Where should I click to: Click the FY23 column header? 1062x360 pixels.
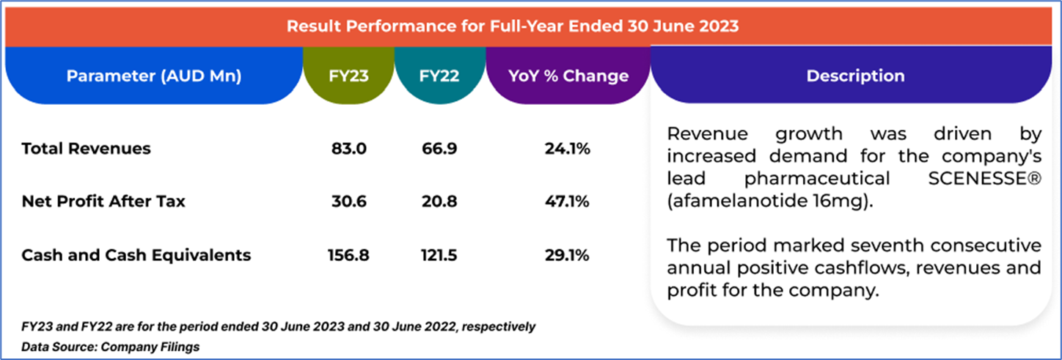coord(348,76)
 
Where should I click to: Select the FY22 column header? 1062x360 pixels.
coord(439,76)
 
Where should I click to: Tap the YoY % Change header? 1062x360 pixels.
coord(568,76)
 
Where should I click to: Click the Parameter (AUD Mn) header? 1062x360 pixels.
coord(154,76)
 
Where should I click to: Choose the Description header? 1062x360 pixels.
coord(855,76)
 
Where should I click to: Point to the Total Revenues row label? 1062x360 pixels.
coord(86,149)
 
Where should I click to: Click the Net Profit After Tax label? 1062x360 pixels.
coord(103,202)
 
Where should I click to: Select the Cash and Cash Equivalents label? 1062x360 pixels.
coord(136,255)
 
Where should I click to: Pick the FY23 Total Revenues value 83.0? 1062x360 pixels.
coord(348,149)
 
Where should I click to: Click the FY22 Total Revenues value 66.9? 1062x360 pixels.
coord(439,149)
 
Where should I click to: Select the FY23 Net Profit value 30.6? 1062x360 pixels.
coord(348,202)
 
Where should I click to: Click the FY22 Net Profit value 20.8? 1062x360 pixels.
coord(439,202)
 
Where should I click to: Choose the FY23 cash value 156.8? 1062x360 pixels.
coord(348,255)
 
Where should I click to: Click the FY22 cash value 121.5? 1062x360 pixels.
coord(439,255)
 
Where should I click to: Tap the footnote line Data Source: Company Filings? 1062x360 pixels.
coord(110,346)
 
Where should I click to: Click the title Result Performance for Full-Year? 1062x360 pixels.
coord(512,26)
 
